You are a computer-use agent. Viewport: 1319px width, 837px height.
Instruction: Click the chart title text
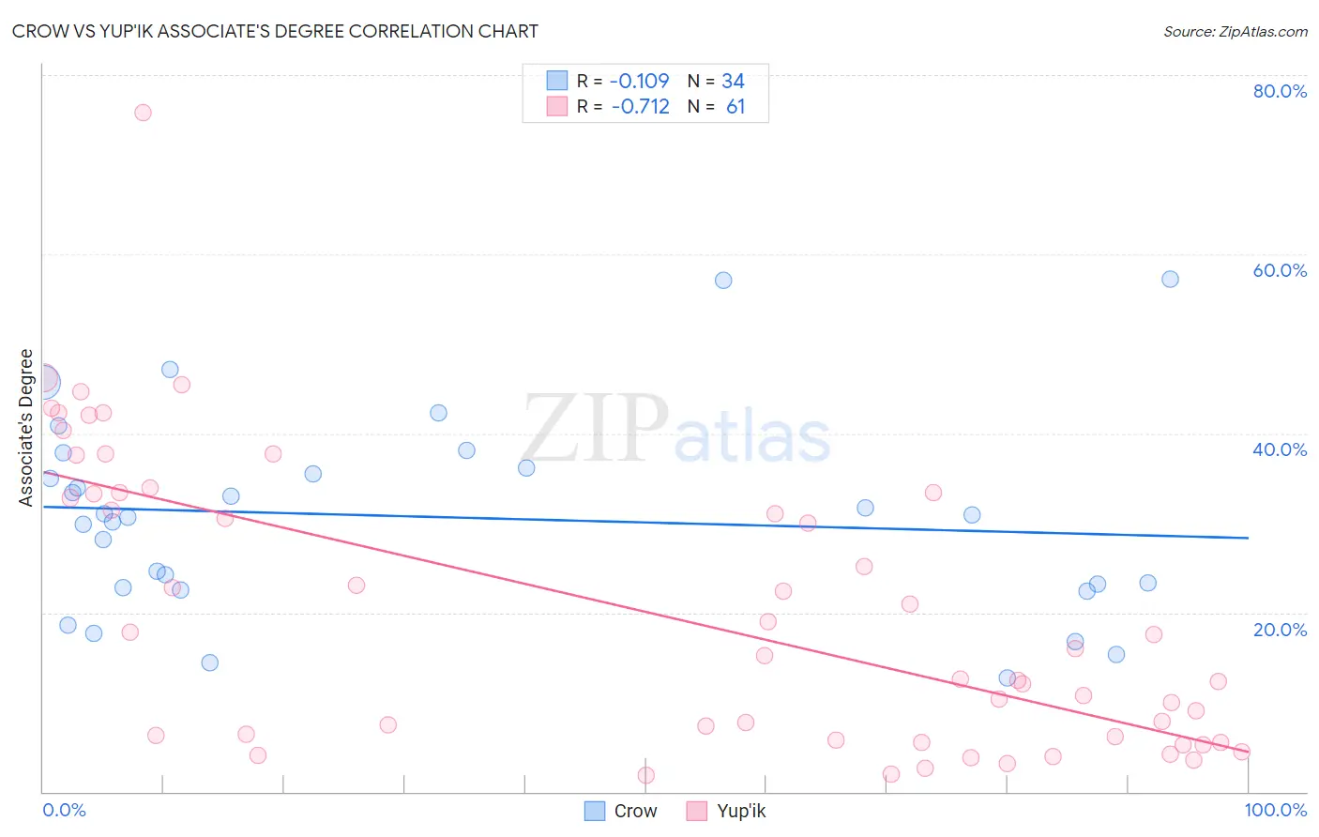(275, 31)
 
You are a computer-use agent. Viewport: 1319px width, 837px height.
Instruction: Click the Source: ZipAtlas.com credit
(1235, 31)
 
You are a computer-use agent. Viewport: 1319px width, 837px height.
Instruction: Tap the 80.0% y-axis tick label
(1280, 91)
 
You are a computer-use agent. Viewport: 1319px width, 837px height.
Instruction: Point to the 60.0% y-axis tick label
(1280, 270)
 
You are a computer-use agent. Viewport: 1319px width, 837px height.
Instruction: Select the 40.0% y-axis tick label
(1280, 449)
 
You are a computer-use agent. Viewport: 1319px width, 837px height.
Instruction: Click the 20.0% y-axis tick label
(1280, 630)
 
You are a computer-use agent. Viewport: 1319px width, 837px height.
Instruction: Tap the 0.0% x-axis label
(64, 810)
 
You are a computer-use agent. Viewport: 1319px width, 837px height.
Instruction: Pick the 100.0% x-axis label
(1276, 810)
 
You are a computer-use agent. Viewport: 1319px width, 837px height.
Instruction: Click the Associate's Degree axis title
(26, 428)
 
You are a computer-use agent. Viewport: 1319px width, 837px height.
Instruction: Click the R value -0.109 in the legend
(639, 82)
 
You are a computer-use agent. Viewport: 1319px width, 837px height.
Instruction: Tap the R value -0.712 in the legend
(640, 107)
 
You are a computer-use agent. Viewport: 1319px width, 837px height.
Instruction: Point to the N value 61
(735, 107)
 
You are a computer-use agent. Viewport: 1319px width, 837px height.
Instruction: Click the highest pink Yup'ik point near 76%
(143, 113)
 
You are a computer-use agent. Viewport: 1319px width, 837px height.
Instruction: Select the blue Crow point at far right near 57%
(1170, 279)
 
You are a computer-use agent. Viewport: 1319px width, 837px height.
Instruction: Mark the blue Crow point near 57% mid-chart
(723, 280)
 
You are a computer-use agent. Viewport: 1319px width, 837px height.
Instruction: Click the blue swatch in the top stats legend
(557, 81)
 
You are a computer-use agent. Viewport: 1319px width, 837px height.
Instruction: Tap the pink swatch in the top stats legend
(557, 106)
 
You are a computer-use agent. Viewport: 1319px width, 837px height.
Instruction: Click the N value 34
(733, 82)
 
